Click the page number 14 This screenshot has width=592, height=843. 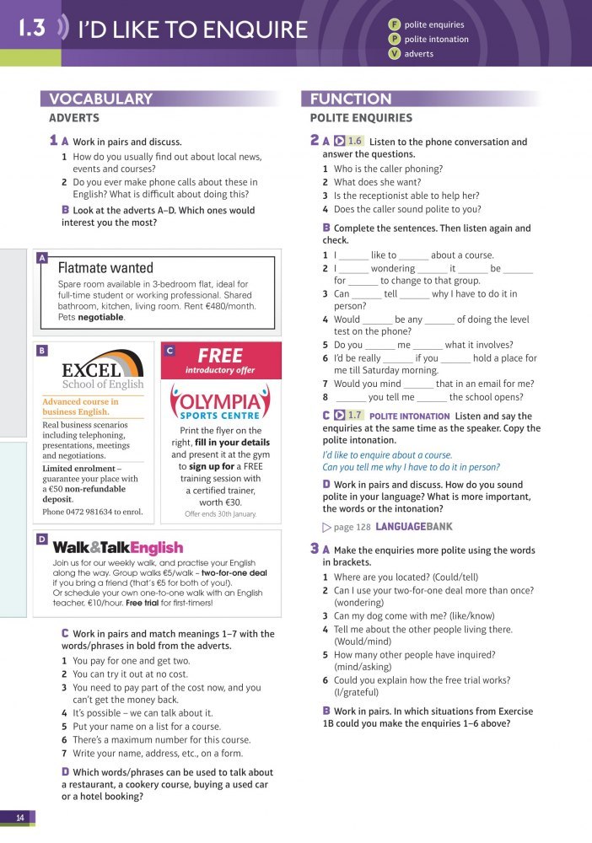(19, 818)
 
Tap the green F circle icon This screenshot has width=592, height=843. (393, 24)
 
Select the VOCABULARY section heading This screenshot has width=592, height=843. (100, 99)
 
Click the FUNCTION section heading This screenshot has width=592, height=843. (350, 99)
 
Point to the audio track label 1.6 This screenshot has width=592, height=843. (349, 141)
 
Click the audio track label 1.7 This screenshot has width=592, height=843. (349, 415)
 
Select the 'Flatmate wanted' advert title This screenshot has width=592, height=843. (105, 268)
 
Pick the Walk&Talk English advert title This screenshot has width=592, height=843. (117, 546)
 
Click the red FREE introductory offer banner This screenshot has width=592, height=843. (220, 360)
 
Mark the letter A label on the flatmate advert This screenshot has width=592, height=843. (41, 257)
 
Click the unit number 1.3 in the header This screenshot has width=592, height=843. (31, 30)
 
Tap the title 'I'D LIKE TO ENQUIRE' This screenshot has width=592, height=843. (192, 31)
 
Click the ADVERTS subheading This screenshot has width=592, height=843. (74, 118)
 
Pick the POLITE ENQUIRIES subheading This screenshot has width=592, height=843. (361, 118)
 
